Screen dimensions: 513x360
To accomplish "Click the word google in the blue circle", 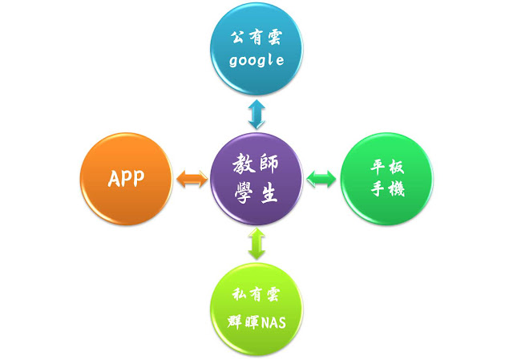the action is click(x=256, y=61).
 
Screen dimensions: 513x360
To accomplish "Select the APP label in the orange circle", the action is click(x=127, y=178).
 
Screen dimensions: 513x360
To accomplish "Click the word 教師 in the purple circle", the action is click(x=256, y=164).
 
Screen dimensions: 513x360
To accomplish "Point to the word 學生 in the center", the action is click(x=256, y=195).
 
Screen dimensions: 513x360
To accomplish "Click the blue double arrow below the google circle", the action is click(x=256, y=114).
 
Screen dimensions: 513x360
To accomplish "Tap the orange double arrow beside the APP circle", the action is click(x=192, y=178).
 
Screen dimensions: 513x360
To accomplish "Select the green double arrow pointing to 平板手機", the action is click(x=321, y=178).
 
